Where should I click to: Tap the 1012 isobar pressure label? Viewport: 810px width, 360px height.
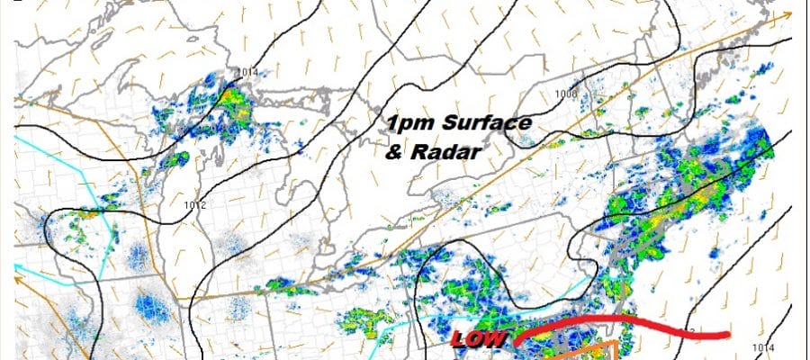[x=195, y=205]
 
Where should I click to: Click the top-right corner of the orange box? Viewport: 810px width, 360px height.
[x=615, y=343]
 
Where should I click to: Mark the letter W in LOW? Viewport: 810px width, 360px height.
[x=496, y=338]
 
